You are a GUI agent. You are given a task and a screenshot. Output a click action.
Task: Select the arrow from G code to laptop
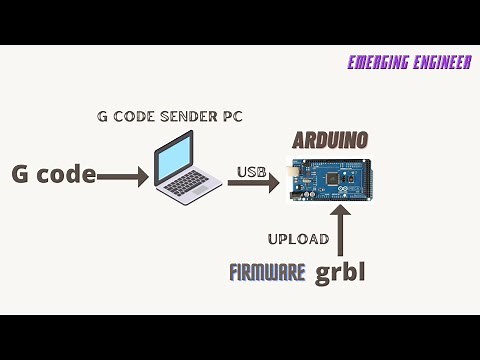click(123, 177)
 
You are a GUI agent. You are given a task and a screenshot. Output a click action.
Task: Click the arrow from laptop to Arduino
click(253, 182)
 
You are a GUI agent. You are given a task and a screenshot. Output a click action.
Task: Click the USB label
click(252, 172)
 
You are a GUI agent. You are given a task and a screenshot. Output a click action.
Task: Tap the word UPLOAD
click(298, 239)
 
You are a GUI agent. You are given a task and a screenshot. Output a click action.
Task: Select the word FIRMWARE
click(267, 272)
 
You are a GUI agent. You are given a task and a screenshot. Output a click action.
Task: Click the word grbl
click(340, 271)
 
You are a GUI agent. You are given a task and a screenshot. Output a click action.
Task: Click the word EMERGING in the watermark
click(378, 63)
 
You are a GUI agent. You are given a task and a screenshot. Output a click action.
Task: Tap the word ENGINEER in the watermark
click(441, 63)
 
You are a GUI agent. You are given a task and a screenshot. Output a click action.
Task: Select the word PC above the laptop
click(233, 116)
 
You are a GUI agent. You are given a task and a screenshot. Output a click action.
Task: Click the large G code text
click(54, 174)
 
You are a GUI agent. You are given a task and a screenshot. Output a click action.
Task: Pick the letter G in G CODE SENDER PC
click(102, 116)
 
